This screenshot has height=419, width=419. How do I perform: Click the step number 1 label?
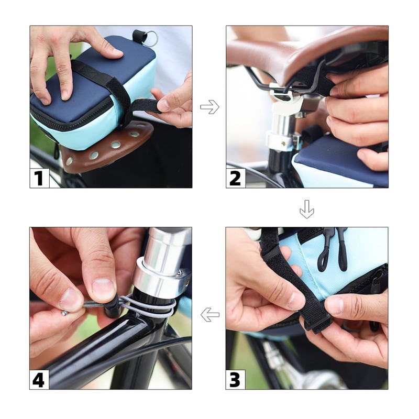[39, 178]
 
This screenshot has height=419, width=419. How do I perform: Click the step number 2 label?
[235, 178]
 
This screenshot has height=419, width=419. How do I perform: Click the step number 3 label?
[235, 379]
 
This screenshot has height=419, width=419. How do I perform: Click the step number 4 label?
[39, 379]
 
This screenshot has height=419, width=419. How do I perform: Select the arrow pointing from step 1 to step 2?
[210, 107]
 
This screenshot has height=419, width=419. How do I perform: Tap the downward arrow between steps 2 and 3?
[307, 209]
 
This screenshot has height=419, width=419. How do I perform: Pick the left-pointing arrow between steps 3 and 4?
[210, 315]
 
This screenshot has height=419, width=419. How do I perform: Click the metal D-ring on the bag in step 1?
[153, 37]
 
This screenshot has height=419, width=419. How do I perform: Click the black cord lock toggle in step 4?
[112, 308]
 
